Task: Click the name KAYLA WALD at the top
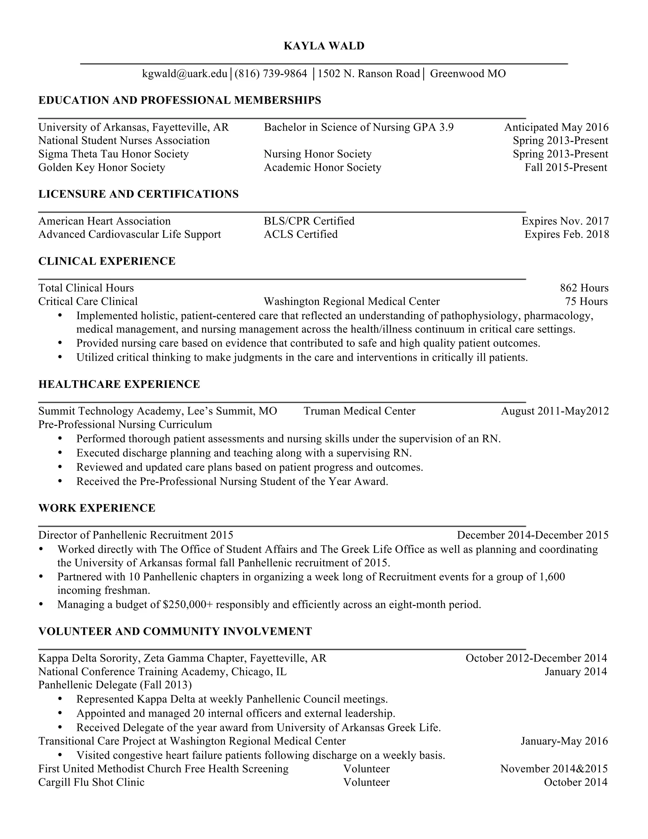click(x=324, y=46)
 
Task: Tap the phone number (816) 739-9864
click(x=271, y=73)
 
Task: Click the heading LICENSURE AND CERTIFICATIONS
click(x=138, y=194)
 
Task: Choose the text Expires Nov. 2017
click(x=565, y=221)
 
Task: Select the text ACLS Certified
click(x=301, y=234)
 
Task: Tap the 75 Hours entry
click(x=586, y=301)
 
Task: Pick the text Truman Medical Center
click(x=359, y=411)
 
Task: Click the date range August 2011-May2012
click(x=555, y=411)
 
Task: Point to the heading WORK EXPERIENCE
click(x=97, y=508)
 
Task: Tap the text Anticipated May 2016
click(x=556, y=127)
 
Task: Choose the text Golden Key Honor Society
click(x=102, y=167)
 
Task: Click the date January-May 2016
click(x=564, y=741)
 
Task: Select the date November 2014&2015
click(x=554, y=769)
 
